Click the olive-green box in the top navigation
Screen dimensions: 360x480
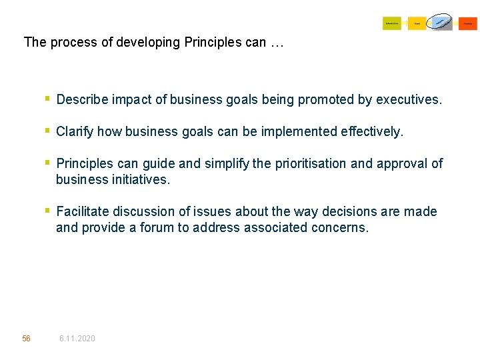[x=391, y=23]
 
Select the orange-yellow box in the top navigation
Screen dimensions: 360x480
[x=417, y=23]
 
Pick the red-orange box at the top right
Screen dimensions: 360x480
[x=468, y=23]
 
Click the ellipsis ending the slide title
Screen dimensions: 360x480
[x=277, y=43]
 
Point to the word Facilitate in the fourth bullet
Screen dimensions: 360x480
[x=83, y=212]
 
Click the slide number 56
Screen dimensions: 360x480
[x=26, y=339]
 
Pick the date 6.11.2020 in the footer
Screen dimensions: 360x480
[x=77, y=339]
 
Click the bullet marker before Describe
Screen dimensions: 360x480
[x=47, y=99]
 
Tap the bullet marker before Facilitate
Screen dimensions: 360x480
[x=47, y=211]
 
